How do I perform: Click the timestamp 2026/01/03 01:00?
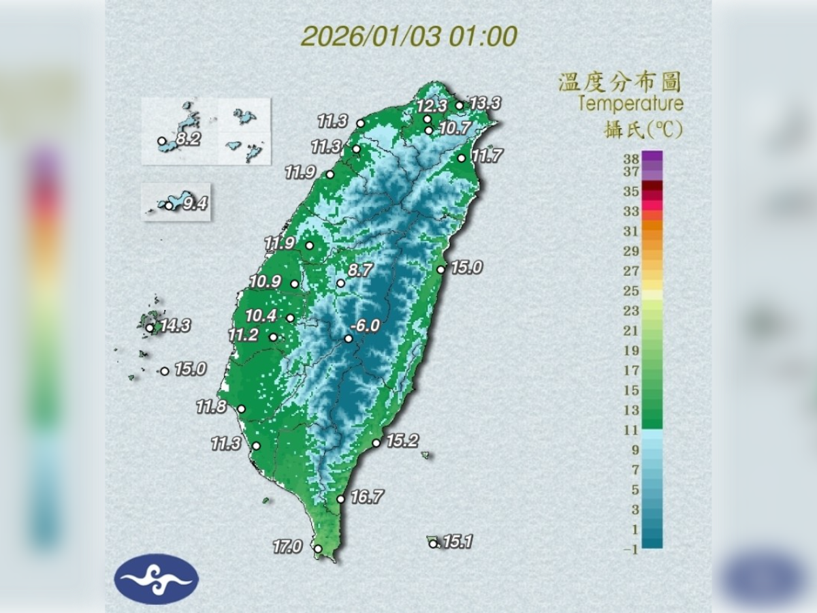pyautogui.click(x=408, y=36)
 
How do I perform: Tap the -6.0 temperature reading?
pyautogui.click(x=366, y=326)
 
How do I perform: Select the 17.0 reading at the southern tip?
pyautogui.click(x=287, y=546)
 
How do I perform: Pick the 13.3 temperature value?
pyautogui.click(x=485, y=104)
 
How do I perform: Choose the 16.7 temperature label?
pyautogui.click(x=366, y=498)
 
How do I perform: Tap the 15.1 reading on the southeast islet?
pyautogui.click(x=458, y=542)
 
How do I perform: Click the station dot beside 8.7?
pyautogui.click(x=341, y=283)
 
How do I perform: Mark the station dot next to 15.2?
pyautogui.click(x=376, y=443)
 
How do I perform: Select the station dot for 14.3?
pyautogui.click(x=150, y=328)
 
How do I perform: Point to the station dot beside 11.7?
pyautogui.click(x=461, y=158)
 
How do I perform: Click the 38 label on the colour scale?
pyautogui.click(x=630, y=159)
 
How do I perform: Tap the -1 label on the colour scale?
pyautogui.click(x=630, y=550)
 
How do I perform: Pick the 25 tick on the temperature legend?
pyautogui.click(x=630, y=291)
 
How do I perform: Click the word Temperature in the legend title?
pyautogui.click(x=630, y=104)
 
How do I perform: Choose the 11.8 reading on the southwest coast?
pyautogui.click(x=211, y=407)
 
